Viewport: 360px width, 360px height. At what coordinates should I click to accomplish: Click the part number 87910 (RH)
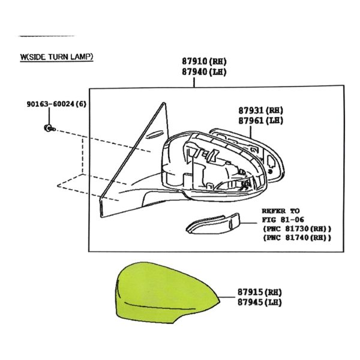coord(205,62)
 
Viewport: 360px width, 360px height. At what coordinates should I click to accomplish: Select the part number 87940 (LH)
coord(205,72)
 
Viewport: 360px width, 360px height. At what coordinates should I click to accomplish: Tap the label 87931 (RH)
coord(261,110)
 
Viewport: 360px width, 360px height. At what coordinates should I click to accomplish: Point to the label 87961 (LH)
coord(261,121)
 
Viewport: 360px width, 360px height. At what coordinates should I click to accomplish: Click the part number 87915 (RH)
coord(259,292)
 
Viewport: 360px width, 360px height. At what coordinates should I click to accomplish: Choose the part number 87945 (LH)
coord(259,302)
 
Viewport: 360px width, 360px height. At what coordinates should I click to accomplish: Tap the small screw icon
coord(49,128)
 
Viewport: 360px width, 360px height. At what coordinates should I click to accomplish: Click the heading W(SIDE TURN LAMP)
coord(56,57)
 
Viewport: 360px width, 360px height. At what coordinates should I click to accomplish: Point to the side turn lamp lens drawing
coord(212,224)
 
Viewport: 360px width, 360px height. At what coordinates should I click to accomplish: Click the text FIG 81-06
coord(283,220)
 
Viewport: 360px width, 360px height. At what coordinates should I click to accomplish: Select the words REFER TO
coord(281,211)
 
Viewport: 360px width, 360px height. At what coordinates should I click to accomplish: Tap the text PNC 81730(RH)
coord(297,229)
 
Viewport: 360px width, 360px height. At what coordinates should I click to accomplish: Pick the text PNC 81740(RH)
coord(297,238)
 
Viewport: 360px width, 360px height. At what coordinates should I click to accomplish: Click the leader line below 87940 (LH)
coord(194,82)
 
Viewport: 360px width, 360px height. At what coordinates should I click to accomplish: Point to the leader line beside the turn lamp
coord(248,223)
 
